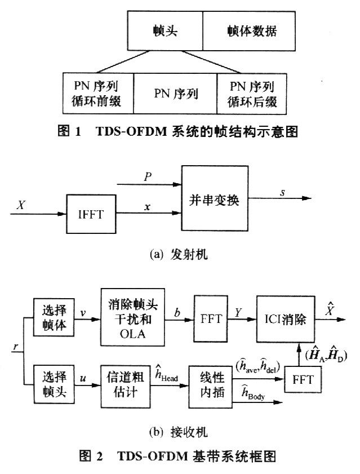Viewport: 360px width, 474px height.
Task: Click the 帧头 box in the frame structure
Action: tap(165, 31)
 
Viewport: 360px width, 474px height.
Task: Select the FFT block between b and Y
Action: tap(209, 318)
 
